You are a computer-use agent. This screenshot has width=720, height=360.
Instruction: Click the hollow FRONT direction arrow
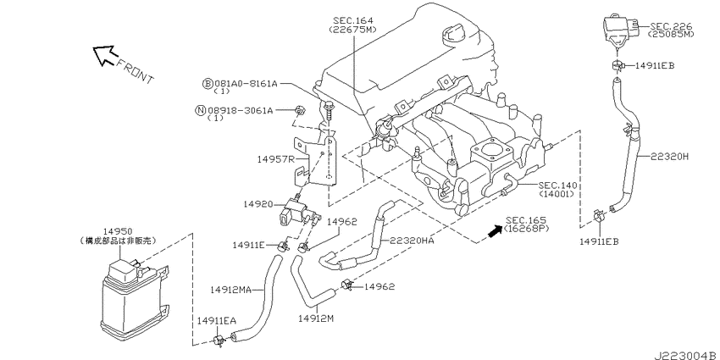coord(103,55)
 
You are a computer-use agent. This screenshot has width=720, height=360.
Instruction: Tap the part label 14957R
coord(274,159)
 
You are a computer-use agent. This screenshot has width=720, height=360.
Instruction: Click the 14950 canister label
coord(117,231)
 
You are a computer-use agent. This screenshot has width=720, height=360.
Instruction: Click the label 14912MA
coord(230,290)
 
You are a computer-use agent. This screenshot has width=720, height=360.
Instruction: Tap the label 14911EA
coord(216,320)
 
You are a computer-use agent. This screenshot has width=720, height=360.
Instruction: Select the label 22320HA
coord(412,241)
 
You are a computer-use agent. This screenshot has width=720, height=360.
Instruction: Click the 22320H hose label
coord(669,157)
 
